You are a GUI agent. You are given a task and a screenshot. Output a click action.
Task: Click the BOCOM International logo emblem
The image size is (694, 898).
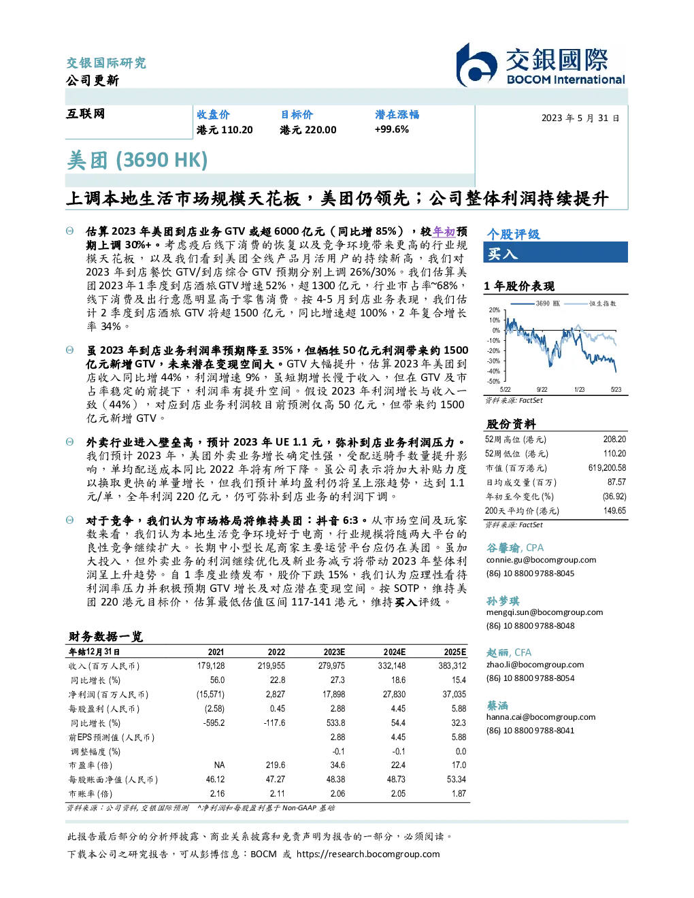(476, 65)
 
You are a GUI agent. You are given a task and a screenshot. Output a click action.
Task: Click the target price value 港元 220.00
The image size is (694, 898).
(308, 130)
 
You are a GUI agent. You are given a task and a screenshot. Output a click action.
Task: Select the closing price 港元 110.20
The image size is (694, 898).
(225, 130)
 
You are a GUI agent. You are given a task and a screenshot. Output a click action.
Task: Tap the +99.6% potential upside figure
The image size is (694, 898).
(391, 129)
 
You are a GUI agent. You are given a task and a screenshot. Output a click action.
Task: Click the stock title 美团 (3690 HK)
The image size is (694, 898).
(137, 160)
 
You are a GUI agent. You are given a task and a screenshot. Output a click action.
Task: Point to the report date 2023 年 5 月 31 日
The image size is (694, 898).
(580, 118)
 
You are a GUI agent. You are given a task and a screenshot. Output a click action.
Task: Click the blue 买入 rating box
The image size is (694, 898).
(555, 252)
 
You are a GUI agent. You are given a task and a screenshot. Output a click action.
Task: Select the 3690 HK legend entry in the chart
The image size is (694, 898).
(535, 303)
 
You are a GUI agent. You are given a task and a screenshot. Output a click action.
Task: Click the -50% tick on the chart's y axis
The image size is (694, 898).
(494, 381)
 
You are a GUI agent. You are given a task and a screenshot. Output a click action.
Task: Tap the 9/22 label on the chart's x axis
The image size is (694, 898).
(542, 389)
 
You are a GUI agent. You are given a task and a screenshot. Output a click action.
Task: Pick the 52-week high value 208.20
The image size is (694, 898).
(614, 439)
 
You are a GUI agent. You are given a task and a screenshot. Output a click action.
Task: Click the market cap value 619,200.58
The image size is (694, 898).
(607, 467)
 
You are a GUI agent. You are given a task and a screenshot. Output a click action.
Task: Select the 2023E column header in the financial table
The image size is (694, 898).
(334, 652)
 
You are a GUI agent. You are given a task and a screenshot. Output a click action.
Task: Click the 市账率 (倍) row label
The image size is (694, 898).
(90, 794)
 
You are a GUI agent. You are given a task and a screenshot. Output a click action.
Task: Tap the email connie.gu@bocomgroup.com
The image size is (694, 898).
(541, 560)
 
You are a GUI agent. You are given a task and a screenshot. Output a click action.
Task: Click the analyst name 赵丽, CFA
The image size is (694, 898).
(509, 652)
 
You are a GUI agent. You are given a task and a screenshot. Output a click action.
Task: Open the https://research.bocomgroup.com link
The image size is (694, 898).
(368, 854)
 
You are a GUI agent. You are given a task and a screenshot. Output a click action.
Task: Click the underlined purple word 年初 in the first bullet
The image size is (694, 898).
(444, 231)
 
